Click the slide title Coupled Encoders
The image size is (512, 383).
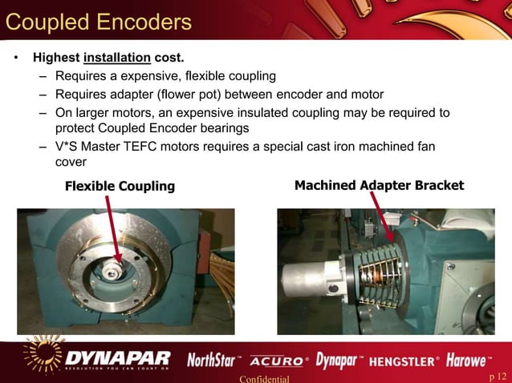[98, 21]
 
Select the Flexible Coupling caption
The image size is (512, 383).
[120, 187]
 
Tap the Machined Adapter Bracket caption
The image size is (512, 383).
[379, 186]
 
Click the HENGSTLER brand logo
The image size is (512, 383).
[405, 361]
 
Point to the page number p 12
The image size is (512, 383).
[498, 377]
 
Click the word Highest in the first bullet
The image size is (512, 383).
[55, 58]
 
